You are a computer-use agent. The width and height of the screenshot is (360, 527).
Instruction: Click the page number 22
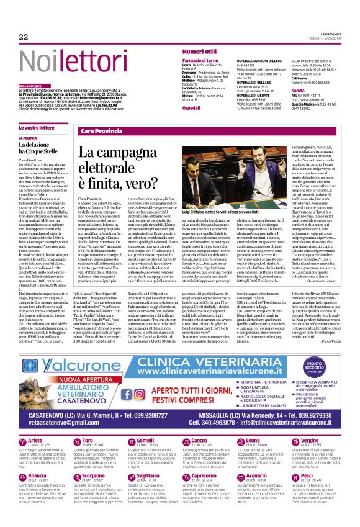[x=24, y=37]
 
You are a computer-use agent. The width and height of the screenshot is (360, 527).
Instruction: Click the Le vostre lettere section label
[x=36, y=127]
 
